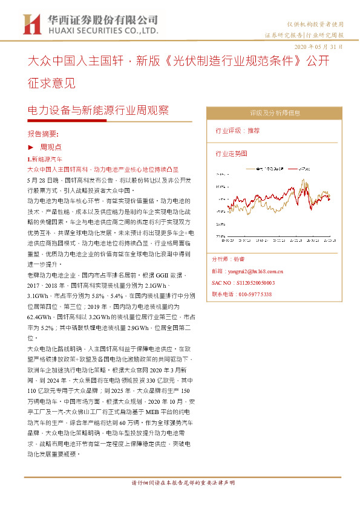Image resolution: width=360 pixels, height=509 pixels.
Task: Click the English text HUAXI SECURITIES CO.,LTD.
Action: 103,29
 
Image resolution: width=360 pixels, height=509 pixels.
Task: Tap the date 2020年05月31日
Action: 318,47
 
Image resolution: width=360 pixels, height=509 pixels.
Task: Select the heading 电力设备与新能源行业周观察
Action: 99,111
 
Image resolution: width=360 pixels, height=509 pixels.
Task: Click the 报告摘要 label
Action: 43,134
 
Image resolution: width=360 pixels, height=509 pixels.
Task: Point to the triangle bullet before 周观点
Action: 31,147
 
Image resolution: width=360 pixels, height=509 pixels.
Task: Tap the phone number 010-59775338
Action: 241,293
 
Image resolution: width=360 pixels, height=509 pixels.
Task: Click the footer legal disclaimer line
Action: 183,483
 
